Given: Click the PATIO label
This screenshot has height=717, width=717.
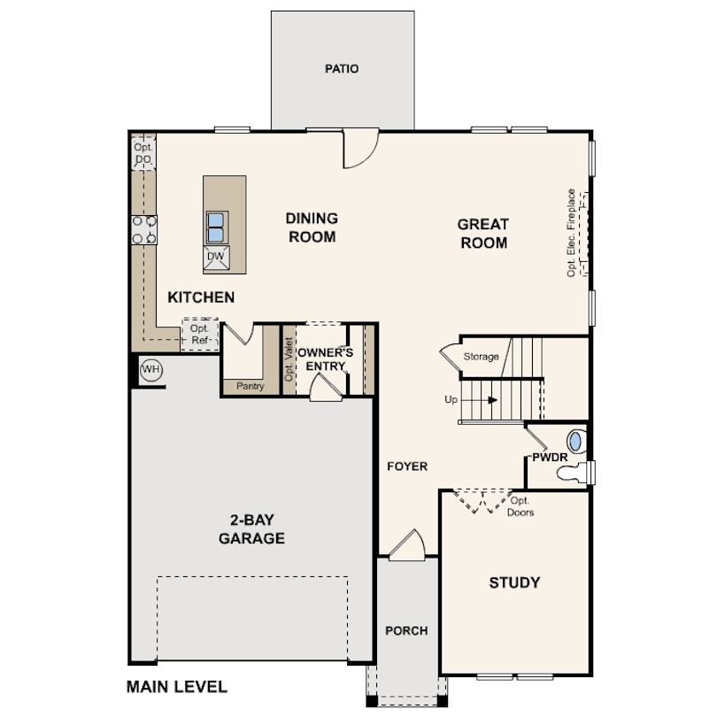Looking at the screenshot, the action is tap(342, 68).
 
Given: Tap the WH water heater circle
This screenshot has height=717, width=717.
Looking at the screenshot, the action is tap(150, 369).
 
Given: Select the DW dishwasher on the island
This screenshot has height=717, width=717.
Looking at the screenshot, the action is tap(216, 258).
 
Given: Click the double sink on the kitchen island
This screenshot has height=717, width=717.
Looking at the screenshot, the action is tap(216, 227).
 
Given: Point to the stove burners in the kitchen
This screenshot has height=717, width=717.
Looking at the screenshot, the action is tap(144, 229).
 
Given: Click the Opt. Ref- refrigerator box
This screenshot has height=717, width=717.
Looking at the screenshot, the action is tap(200, 335).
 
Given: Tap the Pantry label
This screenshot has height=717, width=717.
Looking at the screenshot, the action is tap(251, 386).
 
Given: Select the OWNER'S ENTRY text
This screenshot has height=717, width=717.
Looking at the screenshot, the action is tap(325, 359).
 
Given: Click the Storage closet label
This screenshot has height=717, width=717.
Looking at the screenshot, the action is tap(481, 356).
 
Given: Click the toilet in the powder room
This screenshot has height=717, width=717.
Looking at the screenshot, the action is tap(572, 473).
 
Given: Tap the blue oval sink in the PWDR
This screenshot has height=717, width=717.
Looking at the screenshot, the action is tap(575, 442).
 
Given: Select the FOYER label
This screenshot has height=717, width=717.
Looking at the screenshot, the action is tap(407, 466).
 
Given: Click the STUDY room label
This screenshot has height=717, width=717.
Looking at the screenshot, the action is tap(514, 582).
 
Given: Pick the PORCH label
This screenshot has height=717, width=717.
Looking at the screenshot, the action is tap(406, 631).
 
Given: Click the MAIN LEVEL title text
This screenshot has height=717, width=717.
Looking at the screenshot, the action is tap(176, 687).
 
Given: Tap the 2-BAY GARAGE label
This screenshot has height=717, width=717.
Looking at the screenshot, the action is tap(251, 529).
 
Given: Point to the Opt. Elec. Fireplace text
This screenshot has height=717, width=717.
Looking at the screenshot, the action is tap(571, 233).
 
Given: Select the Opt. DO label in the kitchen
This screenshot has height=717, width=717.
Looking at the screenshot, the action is tap(143, 153).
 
